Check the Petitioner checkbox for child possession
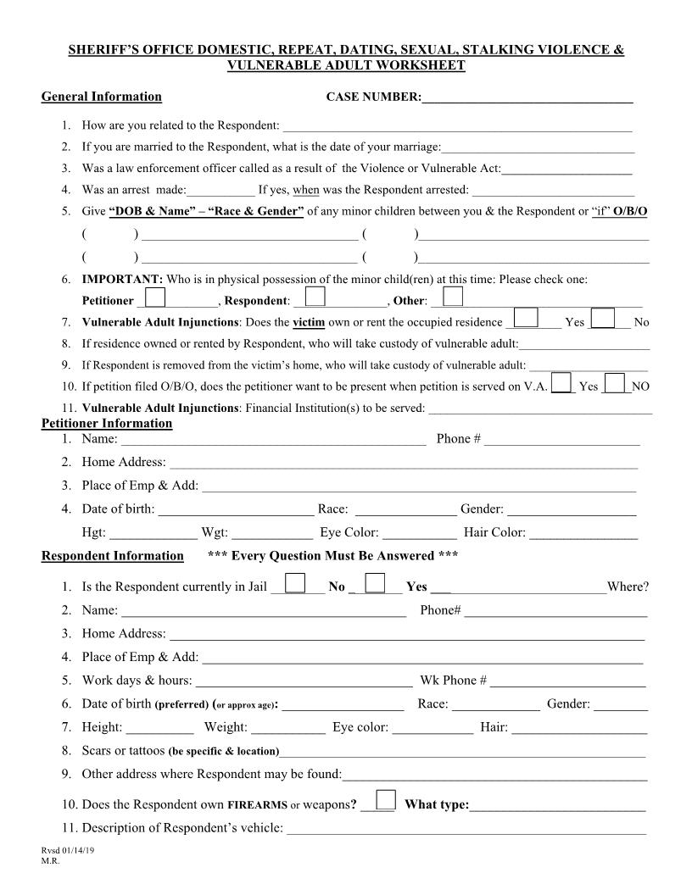coord(155,297)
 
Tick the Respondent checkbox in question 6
coord(315,297)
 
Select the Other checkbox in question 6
coord(453,297)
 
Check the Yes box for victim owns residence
coord(527,318)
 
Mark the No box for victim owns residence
coord(603,318)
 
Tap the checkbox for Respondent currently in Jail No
coord(295,583)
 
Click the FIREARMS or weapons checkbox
coord(385,800)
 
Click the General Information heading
coord(101,97)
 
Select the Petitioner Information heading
coord(107,423)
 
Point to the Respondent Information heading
coord(112,556)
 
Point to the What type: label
coord(437,804)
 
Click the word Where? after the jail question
coord(628,587)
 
